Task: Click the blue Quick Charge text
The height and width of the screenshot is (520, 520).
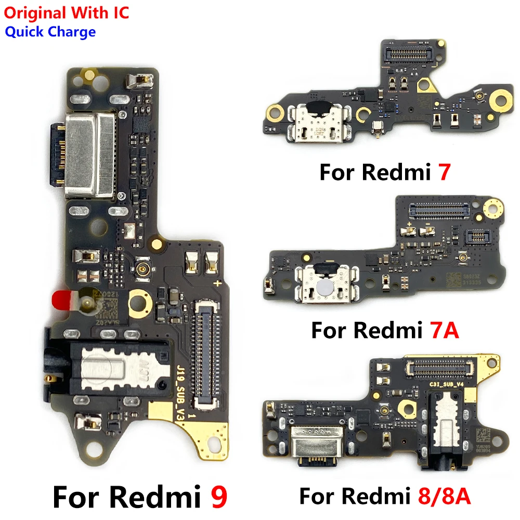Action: pos(50,32)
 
